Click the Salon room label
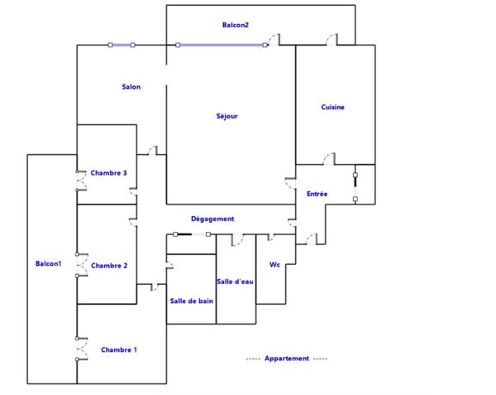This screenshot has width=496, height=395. point(131,87)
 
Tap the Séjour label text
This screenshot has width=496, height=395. point(227,116)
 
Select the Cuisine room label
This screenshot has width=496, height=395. point(333,107)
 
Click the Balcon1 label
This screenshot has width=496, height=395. point(47,264)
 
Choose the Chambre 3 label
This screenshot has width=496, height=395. point(108,173)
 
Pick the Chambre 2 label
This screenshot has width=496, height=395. point(108,266)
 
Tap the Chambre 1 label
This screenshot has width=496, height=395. point(118,350)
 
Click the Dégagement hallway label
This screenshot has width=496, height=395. point(212,219)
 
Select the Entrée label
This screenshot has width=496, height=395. point(317,194)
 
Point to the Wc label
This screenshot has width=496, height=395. point(274,265)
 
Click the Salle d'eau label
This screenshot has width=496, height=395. point(235,282)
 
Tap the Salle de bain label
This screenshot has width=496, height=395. point(192,301)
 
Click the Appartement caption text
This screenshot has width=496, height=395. point(287,359)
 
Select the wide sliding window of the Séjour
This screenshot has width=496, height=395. point(222,45)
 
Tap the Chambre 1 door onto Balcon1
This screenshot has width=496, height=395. point(79,348)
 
